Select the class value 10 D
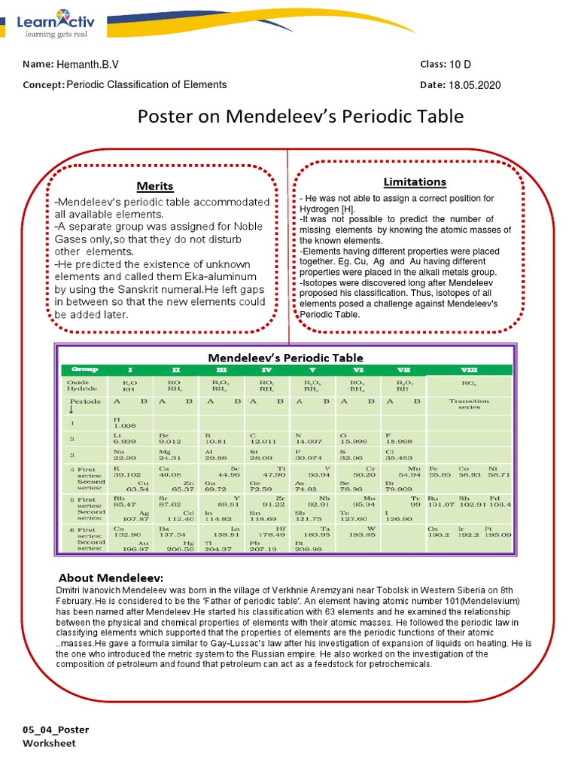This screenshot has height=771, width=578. click(460, 65)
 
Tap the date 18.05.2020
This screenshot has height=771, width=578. click(474, 85)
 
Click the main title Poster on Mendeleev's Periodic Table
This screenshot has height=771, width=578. click(300, 117)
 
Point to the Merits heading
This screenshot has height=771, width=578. click(155, 186)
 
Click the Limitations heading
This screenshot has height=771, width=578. click(415, 181)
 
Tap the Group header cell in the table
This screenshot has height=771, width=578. click(80, 370)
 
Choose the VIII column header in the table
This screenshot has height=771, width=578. click(468, 370)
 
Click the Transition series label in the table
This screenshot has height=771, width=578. click(468, 404)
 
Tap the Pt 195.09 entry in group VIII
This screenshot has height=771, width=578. click(497, 532)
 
